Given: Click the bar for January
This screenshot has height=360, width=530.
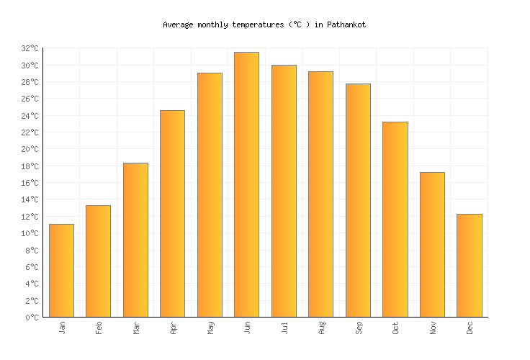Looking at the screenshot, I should pos(61,271).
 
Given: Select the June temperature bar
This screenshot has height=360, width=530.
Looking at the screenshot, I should pos(246,184).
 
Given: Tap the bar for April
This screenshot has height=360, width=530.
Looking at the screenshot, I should pos(172,214).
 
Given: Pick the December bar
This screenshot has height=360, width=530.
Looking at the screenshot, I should pos(469,266).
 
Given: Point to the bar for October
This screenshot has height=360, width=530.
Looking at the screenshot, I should pos(395,220).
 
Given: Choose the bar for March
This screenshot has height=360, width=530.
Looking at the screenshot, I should pos(135,240).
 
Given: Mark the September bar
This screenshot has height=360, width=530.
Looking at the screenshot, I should pos(358,200).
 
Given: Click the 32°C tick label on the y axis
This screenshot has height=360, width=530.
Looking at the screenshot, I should pos(30,48).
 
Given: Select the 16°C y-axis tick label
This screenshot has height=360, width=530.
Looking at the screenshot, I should pos(30,183).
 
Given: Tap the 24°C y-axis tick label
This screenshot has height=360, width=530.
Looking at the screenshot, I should pos(30,116).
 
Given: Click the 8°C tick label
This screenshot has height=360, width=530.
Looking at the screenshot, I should pos(32,251).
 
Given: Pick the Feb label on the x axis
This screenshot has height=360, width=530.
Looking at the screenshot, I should pos(99,328).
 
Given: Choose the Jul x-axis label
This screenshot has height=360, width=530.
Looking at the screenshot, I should pos(284,328).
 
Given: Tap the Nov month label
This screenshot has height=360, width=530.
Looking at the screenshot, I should pos(432,328).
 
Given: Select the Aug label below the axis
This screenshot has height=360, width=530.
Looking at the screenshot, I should pos(321,328).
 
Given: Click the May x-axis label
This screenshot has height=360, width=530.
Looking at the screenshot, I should pos(210,328).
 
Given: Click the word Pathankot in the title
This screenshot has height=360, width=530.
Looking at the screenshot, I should pos(346,24).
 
